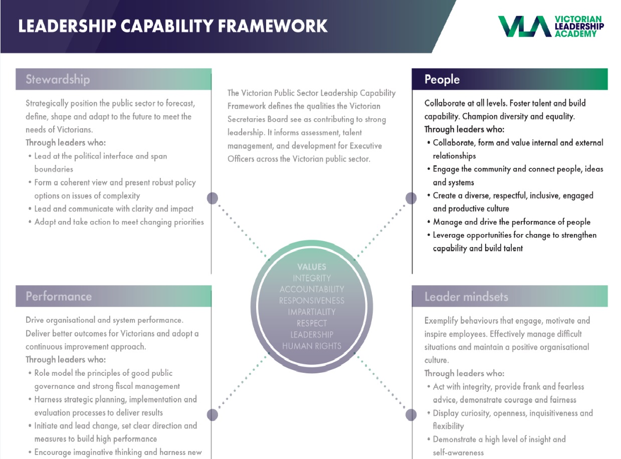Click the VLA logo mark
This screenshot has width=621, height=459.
(525, 27)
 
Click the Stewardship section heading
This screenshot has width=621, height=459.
(58, 79)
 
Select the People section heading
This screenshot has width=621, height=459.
(442, 80)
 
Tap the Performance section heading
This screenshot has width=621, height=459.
(59, 296)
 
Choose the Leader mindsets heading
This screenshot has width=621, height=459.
(466, 297)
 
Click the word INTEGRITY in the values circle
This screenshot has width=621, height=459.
(312, 278)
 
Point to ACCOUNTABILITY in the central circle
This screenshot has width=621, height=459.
(312, 289)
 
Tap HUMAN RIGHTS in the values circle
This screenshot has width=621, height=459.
(312, 346)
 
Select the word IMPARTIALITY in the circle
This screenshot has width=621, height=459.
(312, 312)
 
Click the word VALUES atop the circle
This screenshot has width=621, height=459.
(312, 267)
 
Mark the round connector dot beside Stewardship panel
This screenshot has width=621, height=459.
(212, 198)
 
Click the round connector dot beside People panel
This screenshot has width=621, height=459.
(410, 198)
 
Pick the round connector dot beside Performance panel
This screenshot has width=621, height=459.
(212, 415)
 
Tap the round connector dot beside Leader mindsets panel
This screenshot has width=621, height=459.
(410, 415)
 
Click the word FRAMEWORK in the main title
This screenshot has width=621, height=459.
(273, 26)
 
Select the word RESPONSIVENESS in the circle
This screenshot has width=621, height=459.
(312, 301)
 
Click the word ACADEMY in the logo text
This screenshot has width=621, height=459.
(576, 34)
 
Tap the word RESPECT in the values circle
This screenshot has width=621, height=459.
(312, 323)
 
